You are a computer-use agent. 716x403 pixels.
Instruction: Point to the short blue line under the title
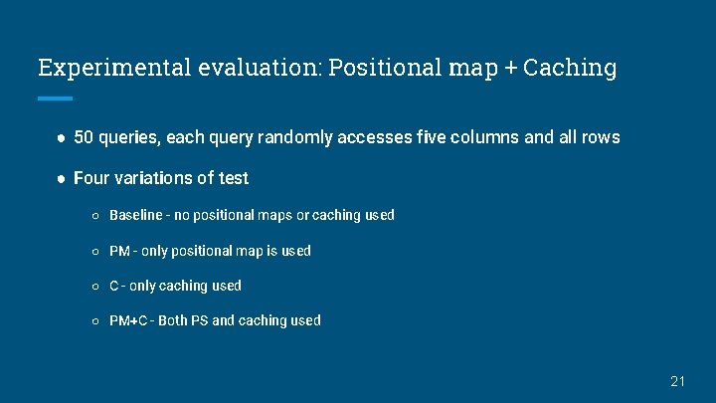55,99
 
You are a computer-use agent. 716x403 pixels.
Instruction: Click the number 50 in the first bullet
85,137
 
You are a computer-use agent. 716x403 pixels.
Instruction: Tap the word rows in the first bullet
601,137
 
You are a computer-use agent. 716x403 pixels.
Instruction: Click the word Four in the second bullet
91,178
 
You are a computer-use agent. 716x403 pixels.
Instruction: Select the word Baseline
136,215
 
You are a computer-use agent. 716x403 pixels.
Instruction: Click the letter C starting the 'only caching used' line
114,286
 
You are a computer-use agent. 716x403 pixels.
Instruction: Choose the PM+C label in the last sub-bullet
128,320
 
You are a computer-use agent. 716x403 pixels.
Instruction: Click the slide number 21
678,381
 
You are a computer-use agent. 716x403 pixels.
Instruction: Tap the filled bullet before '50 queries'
61,137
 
